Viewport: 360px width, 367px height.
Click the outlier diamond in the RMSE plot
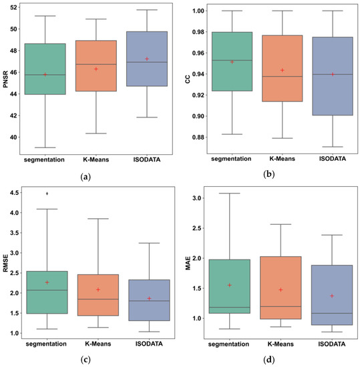(x=47, y=194)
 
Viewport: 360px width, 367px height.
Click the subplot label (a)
(x=85, y=176)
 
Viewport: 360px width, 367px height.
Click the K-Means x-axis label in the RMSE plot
(x=97, y=344)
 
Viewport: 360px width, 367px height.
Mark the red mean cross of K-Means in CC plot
(x=282, y=70)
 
